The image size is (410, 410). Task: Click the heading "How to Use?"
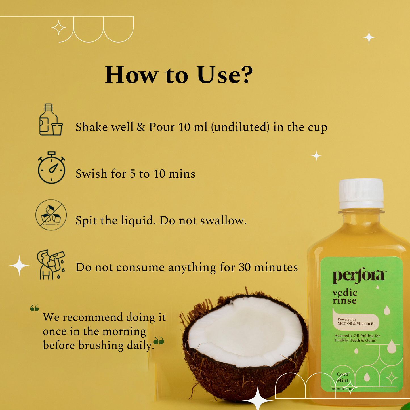178,75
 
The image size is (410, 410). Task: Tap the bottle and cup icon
51,120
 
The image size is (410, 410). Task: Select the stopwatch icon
51,168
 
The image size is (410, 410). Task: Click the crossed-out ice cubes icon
51,215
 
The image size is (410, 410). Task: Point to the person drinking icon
51,265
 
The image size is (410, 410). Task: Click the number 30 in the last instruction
244,267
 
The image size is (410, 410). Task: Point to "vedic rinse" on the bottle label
345,297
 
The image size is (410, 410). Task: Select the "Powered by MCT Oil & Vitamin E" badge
356,321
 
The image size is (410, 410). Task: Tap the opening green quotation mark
34,308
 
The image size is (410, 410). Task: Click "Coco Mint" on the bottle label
342,377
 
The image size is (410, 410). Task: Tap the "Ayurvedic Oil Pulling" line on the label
357,336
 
